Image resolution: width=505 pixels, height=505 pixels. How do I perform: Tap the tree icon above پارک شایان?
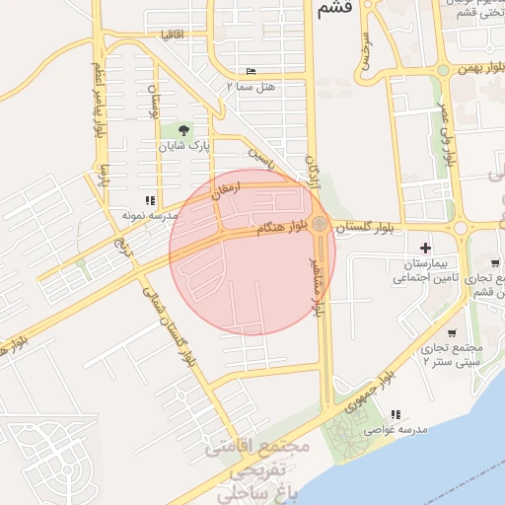click(183, 129)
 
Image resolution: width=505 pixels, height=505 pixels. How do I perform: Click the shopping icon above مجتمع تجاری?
click(452, 332)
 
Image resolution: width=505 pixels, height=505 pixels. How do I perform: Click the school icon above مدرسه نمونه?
click(150, 199)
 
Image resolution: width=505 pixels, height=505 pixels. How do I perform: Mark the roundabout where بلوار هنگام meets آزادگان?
click(320, 225)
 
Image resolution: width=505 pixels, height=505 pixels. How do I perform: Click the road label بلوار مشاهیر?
click(319, 281)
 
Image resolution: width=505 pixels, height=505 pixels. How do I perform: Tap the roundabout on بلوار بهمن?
click(444, 69)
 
